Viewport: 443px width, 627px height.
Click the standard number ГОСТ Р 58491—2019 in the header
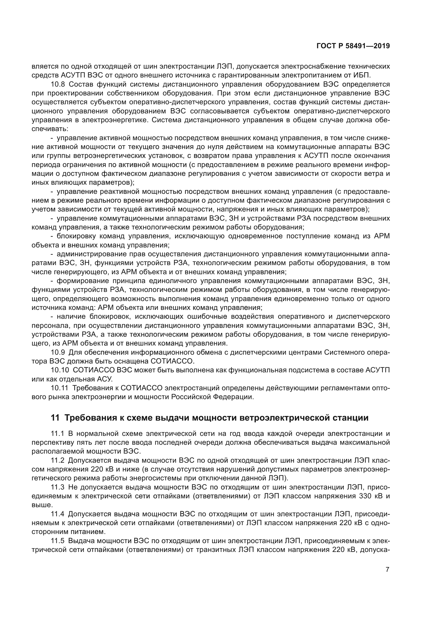pos(353,46)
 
